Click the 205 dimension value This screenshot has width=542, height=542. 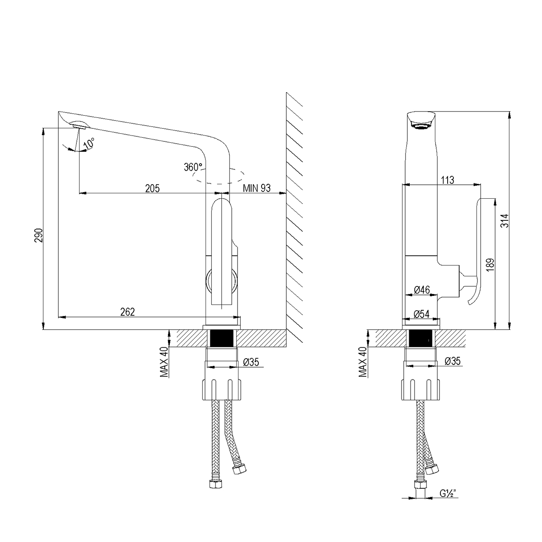[152, 188]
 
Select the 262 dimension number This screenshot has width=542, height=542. [128, 312]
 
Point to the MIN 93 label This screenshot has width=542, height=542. [257, 188]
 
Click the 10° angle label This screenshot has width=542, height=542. [89, 143]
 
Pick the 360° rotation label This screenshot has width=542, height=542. [193, 167]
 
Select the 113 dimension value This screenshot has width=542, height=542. [447, 180]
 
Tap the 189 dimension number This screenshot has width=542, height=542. [491, 266]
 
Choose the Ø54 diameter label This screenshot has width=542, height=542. [422, 314]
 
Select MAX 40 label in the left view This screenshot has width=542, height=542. [164, 362]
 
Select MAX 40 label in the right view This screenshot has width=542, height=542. [363, 362]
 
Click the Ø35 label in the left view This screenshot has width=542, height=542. [251, 362]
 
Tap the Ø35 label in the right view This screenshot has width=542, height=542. [452, 361]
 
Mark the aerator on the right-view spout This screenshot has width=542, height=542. [421, 128]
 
